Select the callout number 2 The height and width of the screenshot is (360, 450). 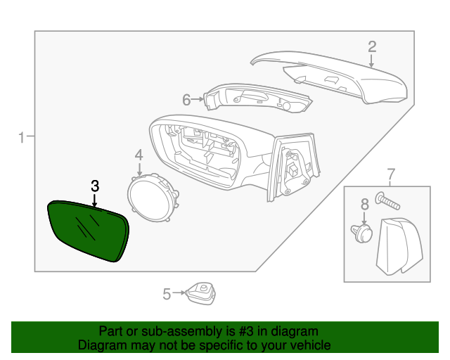coord(372,47)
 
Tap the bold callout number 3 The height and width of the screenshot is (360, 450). coord(95,186)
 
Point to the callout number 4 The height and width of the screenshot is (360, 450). coord(139,155)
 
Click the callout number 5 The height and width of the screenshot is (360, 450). coord(167,294)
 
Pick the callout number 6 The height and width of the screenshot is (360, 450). coord(186,100)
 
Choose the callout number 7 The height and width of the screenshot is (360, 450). coord(392,174)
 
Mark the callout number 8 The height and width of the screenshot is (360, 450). coord(364,205)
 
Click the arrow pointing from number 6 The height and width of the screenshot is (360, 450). coord(198,100)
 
